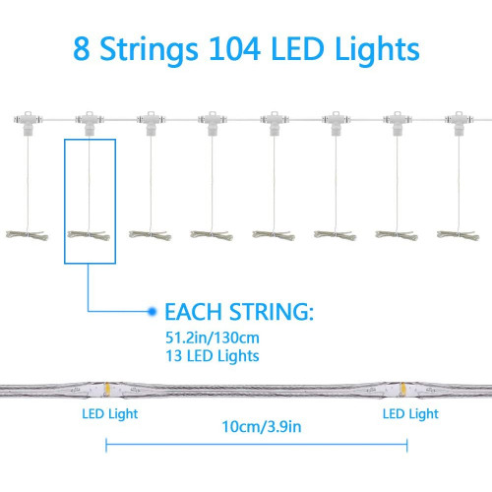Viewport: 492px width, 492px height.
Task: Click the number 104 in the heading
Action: click(235, 49)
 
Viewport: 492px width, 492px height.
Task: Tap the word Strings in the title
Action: click(149, 51)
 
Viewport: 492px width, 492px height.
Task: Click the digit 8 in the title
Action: click(81, 49)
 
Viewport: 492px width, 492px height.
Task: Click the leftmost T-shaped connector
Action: click(28, 123)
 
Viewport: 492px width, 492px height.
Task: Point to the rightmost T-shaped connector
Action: click(459, 123)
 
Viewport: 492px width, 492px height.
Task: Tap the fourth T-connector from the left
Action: click(213, 123)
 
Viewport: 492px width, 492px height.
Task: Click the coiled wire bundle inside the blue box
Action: click(89, 235)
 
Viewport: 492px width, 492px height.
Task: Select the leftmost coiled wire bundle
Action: click(27, 235)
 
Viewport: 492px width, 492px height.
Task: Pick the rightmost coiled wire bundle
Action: click(459, 235)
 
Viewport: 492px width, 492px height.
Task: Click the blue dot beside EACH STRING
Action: click(152, 311)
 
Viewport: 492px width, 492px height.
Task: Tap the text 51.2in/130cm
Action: click(213, 338)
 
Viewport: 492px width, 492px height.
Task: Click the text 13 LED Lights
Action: click(213, 356)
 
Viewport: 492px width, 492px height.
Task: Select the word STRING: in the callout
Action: click(272, 312)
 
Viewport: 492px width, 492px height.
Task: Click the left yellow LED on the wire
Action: click(107, 390)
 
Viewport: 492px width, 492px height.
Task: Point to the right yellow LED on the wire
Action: click(402, 390)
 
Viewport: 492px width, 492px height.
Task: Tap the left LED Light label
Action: click(110, 414)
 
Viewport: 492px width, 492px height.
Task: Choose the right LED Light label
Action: click(410, 414)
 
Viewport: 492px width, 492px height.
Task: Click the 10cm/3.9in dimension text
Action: click(262, 427)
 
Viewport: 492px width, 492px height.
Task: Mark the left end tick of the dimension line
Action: click(106, 445)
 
